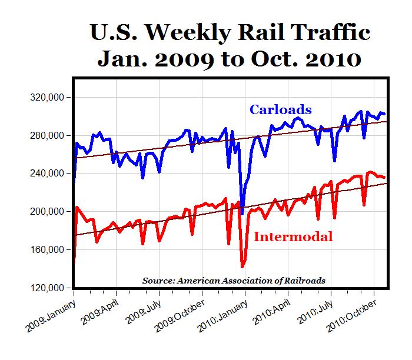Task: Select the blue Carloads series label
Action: coord(280,109)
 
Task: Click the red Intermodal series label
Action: coord(294,236)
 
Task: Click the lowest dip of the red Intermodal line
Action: coord(242,266)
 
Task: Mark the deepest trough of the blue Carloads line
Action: coord(241,213)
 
